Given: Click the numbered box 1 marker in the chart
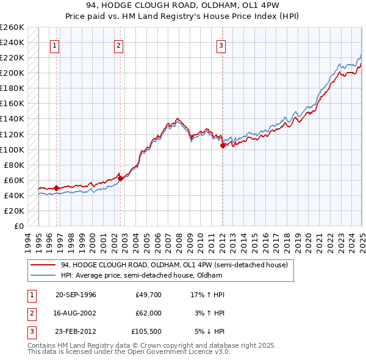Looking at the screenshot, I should (x=55, y=45).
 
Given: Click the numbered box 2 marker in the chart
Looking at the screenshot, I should (x=118, y=45).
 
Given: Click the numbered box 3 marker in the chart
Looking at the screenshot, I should (x=221, y=45).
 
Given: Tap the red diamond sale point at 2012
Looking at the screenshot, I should (x=223, y=145).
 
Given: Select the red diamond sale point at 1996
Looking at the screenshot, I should (x=57, y=188).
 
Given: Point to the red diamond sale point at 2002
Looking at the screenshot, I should (x=120, y=178).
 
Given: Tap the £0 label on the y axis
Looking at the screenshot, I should (x=19, y=226).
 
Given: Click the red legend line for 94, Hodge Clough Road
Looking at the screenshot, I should (x=43, y=265).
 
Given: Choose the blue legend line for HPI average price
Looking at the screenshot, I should (x=43, y=275).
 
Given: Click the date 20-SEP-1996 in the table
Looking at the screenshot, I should (x=76, y=295).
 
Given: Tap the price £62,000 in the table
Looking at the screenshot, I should (x=149, y=314).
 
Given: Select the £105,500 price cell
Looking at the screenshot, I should (x=147, y=333).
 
